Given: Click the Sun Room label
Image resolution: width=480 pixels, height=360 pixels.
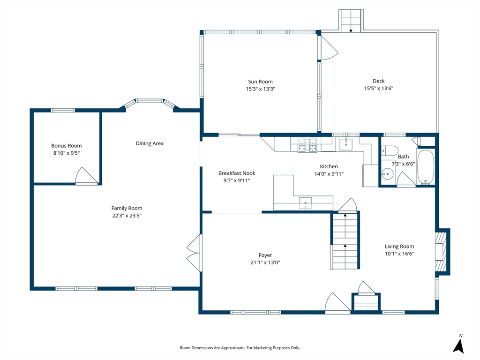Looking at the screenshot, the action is pos(260,82).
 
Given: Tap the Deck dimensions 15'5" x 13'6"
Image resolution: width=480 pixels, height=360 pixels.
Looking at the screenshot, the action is pos(379,89).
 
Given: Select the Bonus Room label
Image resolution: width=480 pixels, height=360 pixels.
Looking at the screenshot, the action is pos(67,146).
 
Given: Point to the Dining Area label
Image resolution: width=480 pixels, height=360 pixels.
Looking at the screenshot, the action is pos(150,143).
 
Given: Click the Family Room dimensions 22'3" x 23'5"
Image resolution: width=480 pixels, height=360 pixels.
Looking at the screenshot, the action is pos(127,216).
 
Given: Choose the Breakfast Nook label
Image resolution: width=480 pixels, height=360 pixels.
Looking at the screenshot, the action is pos(237,173).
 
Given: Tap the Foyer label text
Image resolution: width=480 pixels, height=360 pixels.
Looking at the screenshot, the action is pos(265,255).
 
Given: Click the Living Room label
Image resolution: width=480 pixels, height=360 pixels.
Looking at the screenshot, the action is pos(399,246).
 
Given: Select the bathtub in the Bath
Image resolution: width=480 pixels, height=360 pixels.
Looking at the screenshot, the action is pos(426,167).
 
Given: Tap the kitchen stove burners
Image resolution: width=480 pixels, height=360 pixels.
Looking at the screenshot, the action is pos(307,145).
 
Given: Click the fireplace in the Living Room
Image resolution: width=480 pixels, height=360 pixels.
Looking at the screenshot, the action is pos(442,252).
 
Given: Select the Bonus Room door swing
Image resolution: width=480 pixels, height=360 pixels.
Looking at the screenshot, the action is pos(86,176).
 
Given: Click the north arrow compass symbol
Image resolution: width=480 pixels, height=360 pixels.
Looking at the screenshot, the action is pos(458,345).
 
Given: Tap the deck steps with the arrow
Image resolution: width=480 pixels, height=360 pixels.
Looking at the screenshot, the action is pos(351,21).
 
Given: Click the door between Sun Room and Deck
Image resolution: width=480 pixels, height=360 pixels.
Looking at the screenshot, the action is pos(328,48).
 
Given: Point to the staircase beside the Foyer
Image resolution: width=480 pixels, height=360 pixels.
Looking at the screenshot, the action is pos(345,241).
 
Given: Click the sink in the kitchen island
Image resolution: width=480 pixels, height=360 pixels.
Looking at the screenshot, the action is pos(306,203).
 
